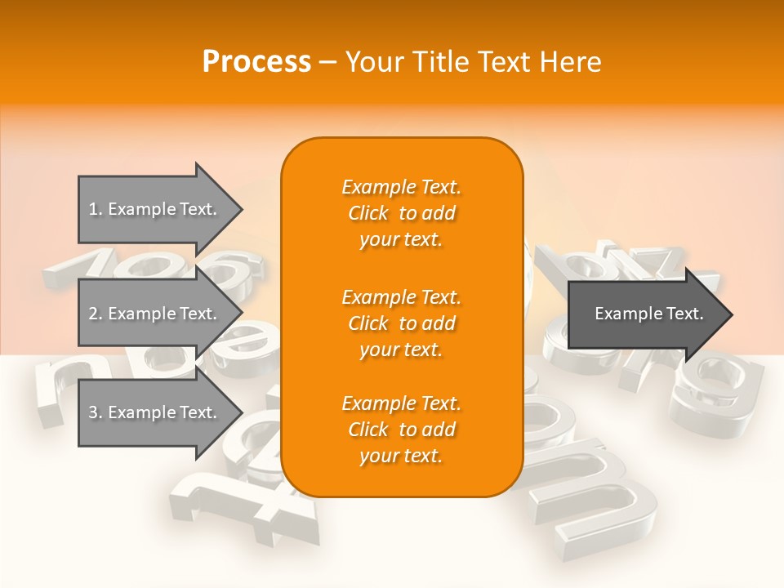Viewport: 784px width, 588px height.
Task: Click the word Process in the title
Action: pos(256,62)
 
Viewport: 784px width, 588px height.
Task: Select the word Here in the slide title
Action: pos(568,62)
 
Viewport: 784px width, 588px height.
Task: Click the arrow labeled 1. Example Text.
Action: pos(155,209)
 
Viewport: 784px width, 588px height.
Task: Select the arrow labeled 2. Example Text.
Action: pos(155,314)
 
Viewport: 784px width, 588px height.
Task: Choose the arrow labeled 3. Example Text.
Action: pos(155,412)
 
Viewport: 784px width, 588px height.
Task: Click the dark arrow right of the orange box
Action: pos(645,314)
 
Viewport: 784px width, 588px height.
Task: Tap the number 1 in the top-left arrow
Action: pos(93,209)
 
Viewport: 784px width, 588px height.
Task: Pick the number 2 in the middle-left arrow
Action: pos(93,314)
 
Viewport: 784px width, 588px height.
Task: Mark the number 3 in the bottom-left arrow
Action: pos(93,412)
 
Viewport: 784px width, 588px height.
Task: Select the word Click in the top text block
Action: pos(368,214)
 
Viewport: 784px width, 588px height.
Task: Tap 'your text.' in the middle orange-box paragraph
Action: pos(401,350)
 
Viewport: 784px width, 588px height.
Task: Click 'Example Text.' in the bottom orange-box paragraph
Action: pos(401,403)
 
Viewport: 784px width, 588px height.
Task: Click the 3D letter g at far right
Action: pos(719,392)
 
